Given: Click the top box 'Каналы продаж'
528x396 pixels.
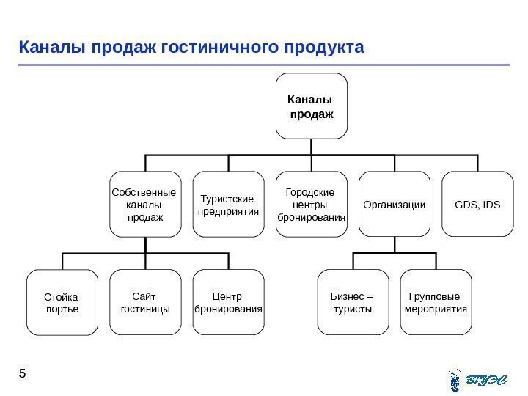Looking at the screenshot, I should click(311, 106).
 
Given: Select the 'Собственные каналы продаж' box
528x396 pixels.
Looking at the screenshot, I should click(145, 205).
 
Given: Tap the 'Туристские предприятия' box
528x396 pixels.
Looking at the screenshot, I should click(228, 205).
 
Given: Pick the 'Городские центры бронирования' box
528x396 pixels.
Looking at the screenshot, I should click(311, 205).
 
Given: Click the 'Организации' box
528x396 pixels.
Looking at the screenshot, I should click(394, 205).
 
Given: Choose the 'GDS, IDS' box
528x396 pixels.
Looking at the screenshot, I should click(477, 205).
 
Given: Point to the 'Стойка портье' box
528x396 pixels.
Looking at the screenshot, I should click(62, 303).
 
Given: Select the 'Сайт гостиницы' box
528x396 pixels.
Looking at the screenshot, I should click(145, 303).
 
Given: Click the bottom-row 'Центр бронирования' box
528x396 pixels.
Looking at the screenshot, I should click(228, 303).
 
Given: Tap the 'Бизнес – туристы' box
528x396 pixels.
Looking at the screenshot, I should click(353, 303).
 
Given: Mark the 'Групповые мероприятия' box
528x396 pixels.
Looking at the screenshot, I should click(436, 303).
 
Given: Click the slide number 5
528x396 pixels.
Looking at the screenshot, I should click(23, 374).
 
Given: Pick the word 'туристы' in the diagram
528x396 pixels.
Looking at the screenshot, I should click(353, 309).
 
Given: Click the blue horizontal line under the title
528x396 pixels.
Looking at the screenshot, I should click(264, 65).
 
